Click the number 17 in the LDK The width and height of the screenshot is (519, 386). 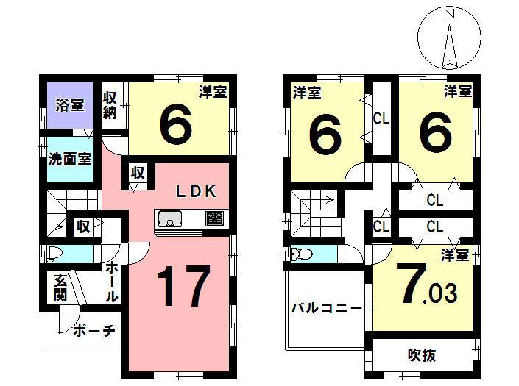(183, 286)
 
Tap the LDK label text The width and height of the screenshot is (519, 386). (194, 191)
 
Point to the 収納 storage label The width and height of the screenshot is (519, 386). (110, 104)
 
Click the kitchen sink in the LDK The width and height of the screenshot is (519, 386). (169, 218)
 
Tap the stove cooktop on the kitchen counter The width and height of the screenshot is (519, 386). (214, 218)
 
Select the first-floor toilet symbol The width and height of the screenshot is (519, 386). (56, 254)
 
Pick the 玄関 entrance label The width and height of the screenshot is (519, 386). (60, 287)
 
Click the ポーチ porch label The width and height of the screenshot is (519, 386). (94, 330)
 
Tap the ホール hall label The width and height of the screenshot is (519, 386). (112, 282)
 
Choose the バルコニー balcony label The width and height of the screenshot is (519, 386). (325, 308)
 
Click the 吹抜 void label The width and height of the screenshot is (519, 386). (422, 356)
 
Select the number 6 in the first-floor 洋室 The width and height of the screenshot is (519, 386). (176, 124)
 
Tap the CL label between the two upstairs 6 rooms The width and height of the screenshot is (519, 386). (381, 117)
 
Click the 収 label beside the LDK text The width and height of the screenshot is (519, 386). (138, 173)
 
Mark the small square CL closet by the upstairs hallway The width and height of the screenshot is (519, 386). (380, 226)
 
